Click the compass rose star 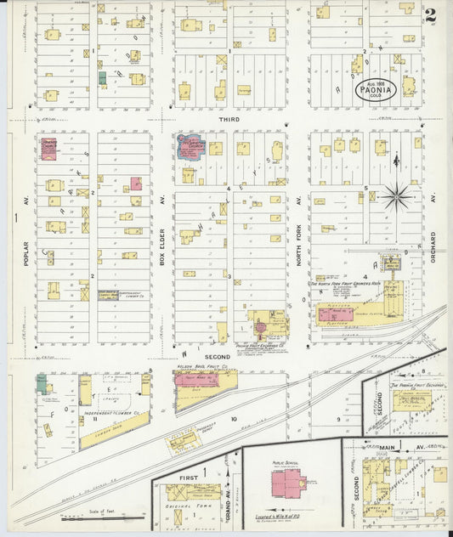[x=395, y=197]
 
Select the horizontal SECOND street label [x=217, y=356]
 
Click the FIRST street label [x=189, y=478]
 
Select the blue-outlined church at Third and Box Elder [x=190, y=146]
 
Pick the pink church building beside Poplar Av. [x=48, y=150]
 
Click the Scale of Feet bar [x=98, y=517]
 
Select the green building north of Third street [x=102, y=78]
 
